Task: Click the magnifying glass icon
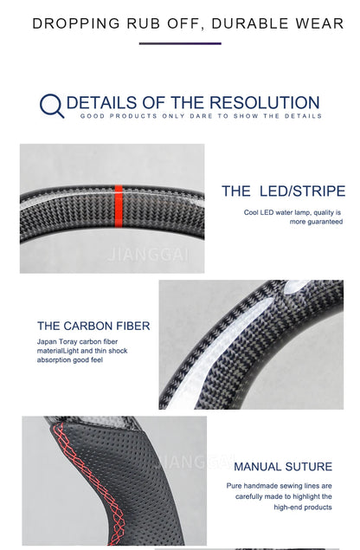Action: pyautogui.click(x=52, y=105)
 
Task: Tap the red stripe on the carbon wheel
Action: pyautogui.click(x=119, y=207)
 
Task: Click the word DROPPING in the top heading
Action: pyautogui.click(x=76, y=24)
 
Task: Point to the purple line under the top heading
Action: pyautogui.click(x=180, y=43)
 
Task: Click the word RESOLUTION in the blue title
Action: pyautogui.click(x=265, y=103)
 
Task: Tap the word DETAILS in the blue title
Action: pyautogui.click(x=101, y=103)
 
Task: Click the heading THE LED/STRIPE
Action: pyautogui.click(x=284, y=191)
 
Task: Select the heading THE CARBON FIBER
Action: pyautogui.click(x=93, y=326)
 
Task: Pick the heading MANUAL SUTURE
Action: pyautogui.click(x=283, y=467)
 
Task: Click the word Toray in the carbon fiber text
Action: pyautogui.click(x=67, y=341)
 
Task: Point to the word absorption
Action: pyautogui.click(x=54, y=360)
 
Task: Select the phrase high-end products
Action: pyautogui.click(x=303, y=508)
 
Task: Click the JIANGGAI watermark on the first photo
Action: pyautogui.click(x=149, y=255)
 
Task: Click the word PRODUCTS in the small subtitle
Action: pyautogui.click(x=133, y=116)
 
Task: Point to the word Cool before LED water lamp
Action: pyautogui.click(x=251, y=212)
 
